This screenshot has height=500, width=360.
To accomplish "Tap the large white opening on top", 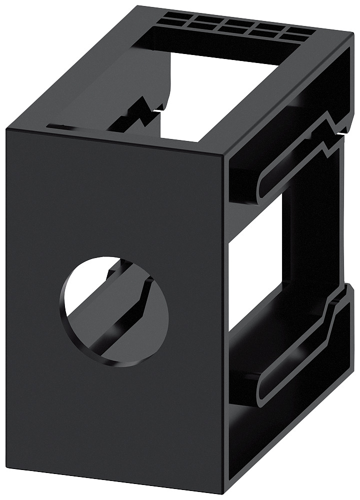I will (220, 95).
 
